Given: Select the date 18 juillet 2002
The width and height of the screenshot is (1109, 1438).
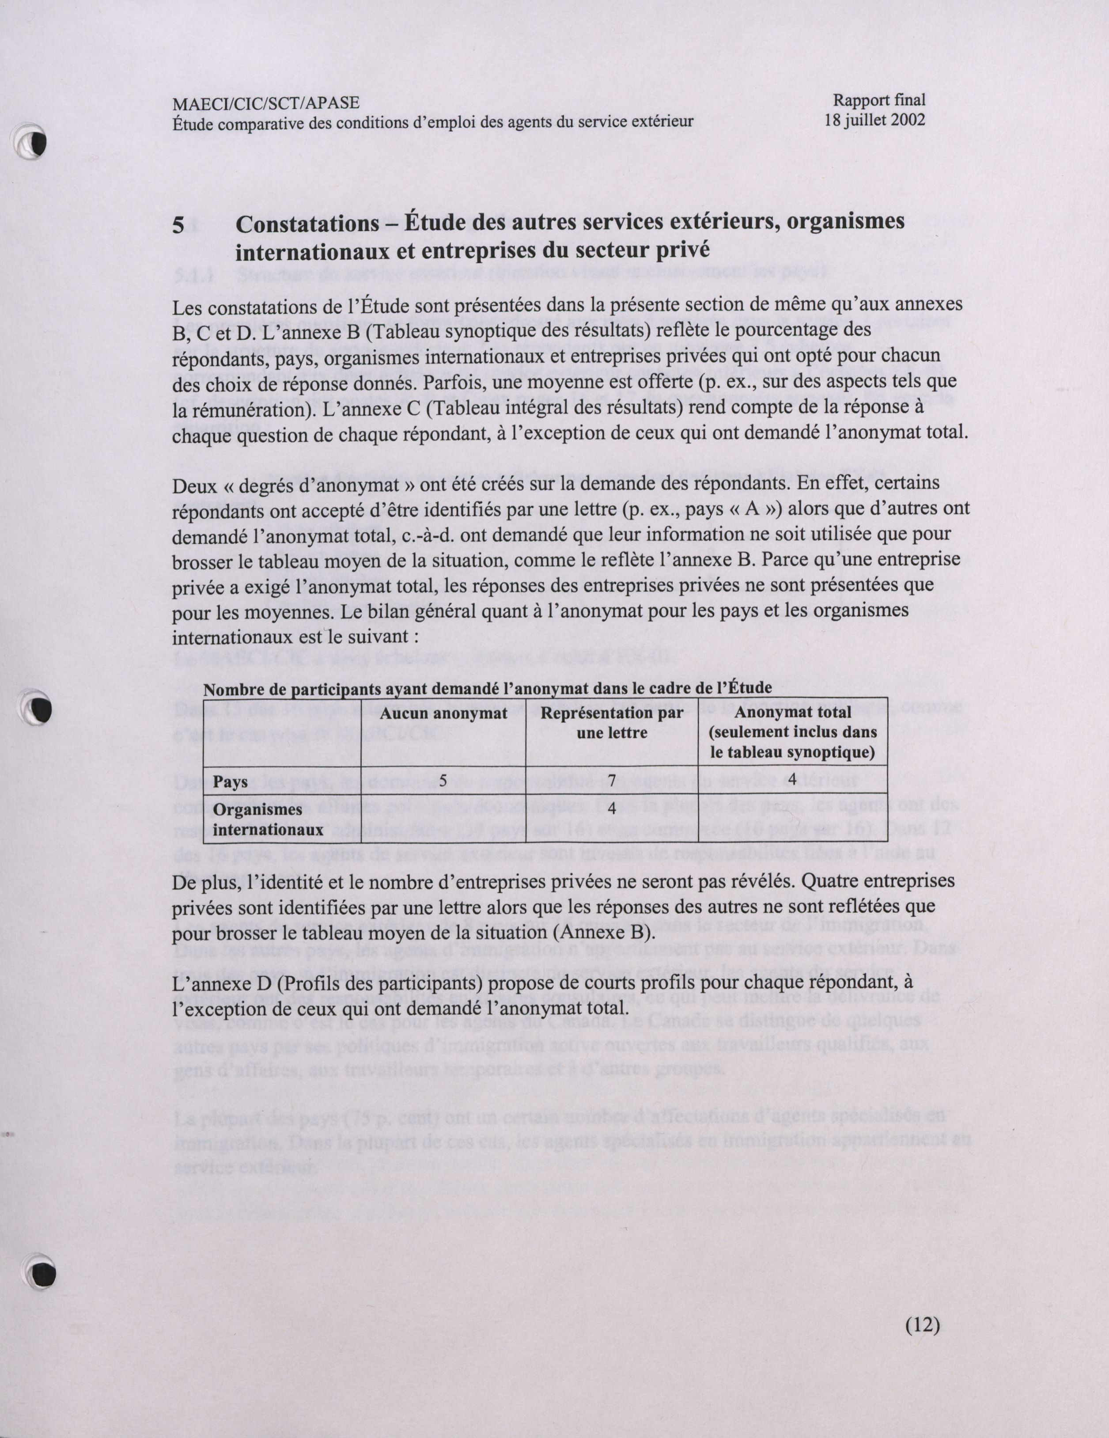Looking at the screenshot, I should (x=874, y=120).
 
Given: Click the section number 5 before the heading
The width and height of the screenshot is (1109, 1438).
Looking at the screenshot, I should (x=178, y=226).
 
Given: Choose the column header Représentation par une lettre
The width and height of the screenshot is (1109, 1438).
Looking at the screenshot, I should (x=611, y=722).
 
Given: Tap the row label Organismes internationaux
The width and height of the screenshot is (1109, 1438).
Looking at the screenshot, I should (x=267, y=819).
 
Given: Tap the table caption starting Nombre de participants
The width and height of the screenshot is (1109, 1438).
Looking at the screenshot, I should (x=487, y=688).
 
